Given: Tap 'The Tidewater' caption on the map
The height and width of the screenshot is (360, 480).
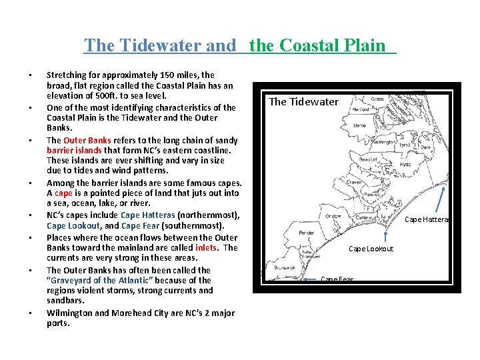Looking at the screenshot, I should (x=303, y=101).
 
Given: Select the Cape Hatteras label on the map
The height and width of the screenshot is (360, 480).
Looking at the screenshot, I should (x=427, y=219).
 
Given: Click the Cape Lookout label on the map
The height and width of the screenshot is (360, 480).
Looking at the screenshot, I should (x=371, y=249).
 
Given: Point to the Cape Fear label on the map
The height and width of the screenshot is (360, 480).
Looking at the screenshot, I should (x=337, y=279).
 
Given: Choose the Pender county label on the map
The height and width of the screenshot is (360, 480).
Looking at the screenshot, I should (x=288, y=233).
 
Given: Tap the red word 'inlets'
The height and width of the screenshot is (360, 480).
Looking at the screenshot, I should (x=206, y=247).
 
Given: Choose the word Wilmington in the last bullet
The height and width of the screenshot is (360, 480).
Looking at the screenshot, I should (x=73, y=313).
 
